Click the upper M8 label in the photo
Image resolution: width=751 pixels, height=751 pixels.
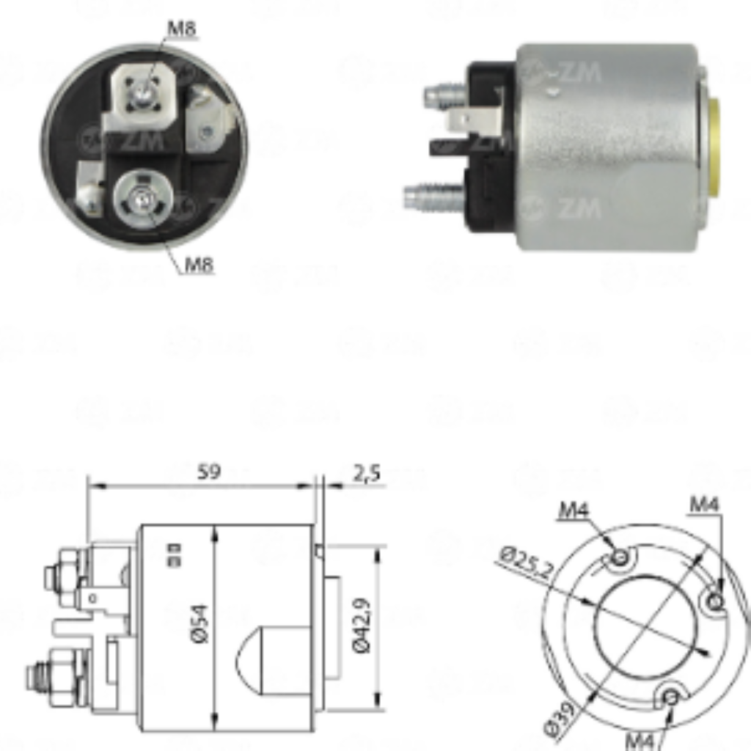coord(182,29)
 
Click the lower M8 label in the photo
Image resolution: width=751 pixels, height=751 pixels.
coord(198,264)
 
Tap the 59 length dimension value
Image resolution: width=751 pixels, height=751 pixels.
coord(209,472)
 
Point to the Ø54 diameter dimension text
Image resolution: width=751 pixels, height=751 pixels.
coord(199,623)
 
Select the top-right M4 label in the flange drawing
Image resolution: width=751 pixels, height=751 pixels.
coord(705,504)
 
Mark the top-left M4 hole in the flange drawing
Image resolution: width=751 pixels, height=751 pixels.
coord(621,557)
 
